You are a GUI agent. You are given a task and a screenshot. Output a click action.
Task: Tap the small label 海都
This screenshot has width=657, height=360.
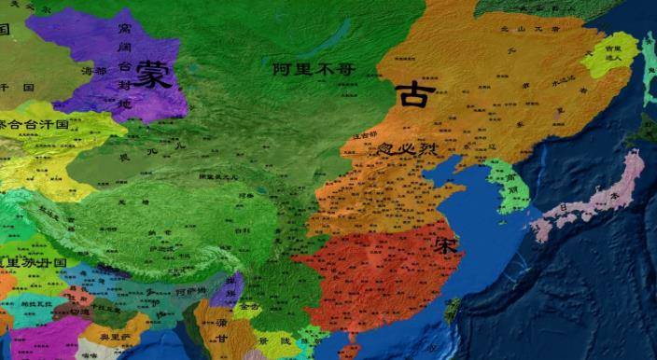tap(94, 71)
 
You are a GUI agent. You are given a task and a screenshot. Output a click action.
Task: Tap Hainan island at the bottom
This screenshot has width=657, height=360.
tap(350, 353)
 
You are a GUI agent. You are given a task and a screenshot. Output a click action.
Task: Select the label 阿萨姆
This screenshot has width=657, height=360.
tap(190, 290)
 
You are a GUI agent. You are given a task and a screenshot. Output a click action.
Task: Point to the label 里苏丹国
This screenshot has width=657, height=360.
tap(34, 262)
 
